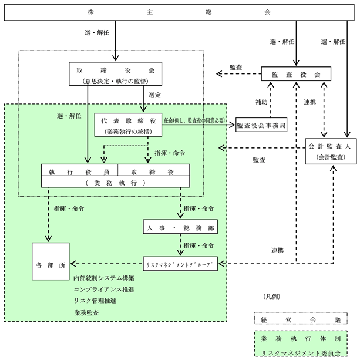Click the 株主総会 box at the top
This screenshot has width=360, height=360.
[179, 12]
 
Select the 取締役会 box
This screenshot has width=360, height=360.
[116, 73]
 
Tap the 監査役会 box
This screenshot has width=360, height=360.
[296, 73]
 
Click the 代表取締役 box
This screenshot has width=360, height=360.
[128, 125]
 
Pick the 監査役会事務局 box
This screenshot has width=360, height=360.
[261, 125]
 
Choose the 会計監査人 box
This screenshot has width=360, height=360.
[331, 151]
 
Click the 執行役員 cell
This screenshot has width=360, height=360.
[79, 170]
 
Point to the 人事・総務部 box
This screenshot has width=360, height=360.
[180, 227]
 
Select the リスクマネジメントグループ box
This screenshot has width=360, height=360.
[180, 264]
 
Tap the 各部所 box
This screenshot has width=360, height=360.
[51, 261]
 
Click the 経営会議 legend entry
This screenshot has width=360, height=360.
[301, 318]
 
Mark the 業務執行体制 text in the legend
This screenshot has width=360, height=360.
[301, 339]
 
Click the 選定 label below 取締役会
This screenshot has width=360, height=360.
[154, 95]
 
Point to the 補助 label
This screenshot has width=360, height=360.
[261, 102]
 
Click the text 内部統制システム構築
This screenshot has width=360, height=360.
[104, 278]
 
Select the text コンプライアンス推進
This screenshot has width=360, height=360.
[104, 290]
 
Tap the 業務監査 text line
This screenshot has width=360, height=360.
[86, 312]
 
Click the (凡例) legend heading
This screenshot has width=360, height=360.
[272, 297]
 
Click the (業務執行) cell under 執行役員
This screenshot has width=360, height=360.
[116, 183]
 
